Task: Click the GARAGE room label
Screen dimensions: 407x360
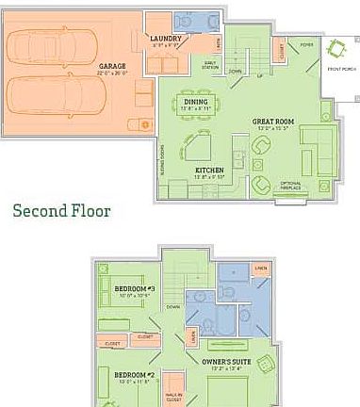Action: click(x=112, y=67)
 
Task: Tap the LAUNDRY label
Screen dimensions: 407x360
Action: click(x=166, y=39)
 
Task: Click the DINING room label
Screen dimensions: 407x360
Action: click(x=195, y=101)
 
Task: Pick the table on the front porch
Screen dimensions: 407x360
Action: click(x=335, y=49)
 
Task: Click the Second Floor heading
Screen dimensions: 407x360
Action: click(x=61, y=211)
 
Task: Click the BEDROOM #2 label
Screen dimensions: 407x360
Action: click(x=133, y=375)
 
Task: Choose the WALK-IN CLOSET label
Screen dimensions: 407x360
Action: click(x=173, y=383)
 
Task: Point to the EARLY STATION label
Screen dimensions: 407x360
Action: click(x=209, y=63)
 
